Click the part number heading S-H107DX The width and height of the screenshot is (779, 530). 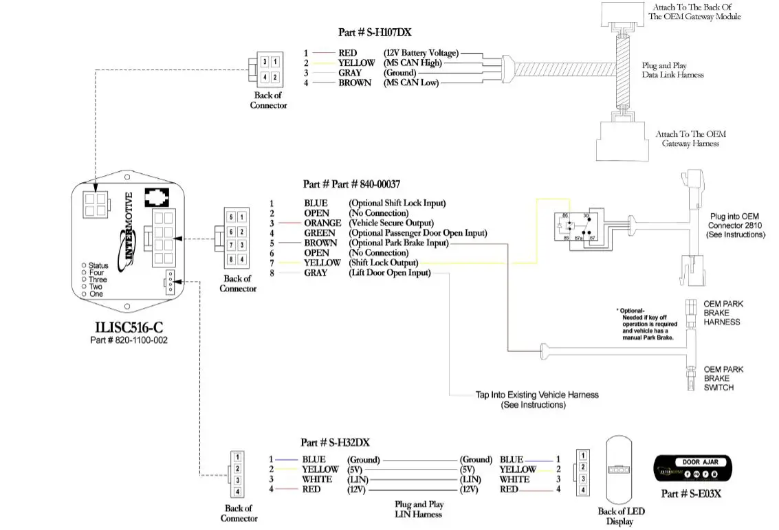[375, 32]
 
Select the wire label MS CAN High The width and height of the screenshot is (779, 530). [411, 63]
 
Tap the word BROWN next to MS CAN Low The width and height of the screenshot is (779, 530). [355, 82]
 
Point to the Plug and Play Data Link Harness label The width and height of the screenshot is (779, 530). [672, 70]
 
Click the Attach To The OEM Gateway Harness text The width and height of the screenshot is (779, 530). [690, 139]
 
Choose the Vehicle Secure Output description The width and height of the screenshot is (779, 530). [391, 223]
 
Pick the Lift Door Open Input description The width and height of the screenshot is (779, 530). [389, 273]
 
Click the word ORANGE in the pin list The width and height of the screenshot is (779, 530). [322, 223]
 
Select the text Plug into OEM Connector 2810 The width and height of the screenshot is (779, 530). [735, 225]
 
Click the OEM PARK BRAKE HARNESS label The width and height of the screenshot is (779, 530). [723, 313]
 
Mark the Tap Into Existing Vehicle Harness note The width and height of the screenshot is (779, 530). [536, 399]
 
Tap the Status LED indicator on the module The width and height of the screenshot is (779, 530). [84, 265]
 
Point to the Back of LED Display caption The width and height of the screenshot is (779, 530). [621, 516]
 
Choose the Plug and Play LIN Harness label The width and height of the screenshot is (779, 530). [419, 509]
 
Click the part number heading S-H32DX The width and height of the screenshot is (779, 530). [335, 443]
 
